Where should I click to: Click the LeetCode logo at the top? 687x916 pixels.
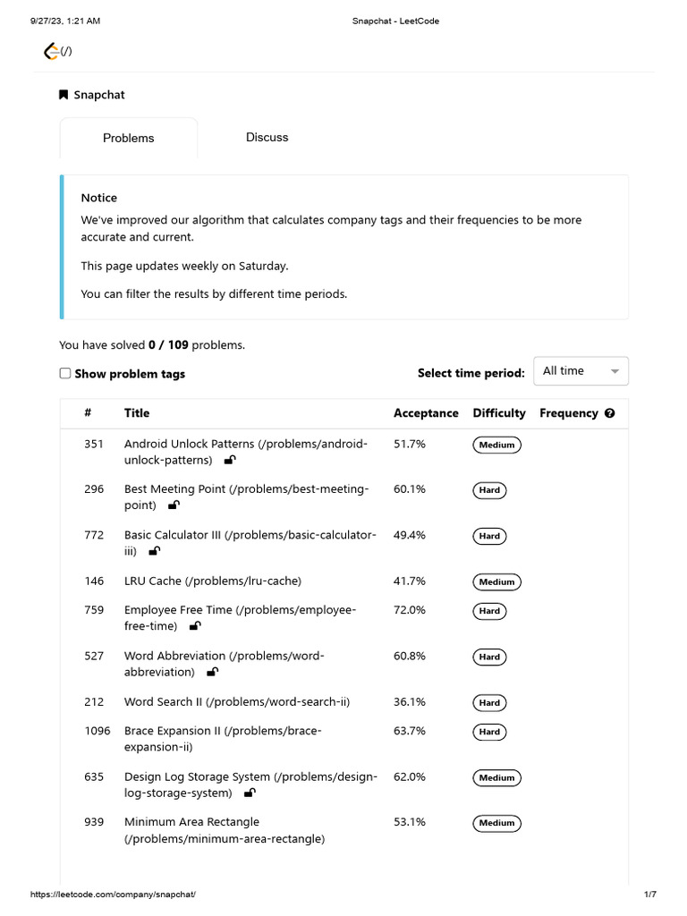(52, 52)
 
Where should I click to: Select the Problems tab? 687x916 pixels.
(128, 138)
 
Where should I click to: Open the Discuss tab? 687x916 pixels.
(267, 137)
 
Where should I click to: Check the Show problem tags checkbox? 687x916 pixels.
(65, 373)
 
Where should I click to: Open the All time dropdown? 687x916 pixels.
(581, 371)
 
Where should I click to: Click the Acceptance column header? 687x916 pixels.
(426, 413)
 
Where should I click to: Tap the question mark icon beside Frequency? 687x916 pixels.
(610, 413)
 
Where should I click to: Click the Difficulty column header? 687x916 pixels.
(499, 413)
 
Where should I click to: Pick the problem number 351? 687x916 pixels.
(94, 444)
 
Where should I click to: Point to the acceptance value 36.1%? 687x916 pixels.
(410, 702)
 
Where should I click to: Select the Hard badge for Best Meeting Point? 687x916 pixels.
(489, 490)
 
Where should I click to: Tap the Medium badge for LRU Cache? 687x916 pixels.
(496, 582)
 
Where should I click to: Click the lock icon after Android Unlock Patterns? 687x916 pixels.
(230, 460)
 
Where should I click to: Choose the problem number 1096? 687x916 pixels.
(98, 731)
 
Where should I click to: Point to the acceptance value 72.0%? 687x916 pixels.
(410, 610)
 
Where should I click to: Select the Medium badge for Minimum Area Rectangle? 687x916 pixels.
(496, 823)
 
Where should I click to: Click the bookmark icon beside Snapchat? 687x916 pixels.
(64, 95)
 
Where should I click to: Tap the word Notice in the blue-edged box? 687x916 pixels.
(99, 198)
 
